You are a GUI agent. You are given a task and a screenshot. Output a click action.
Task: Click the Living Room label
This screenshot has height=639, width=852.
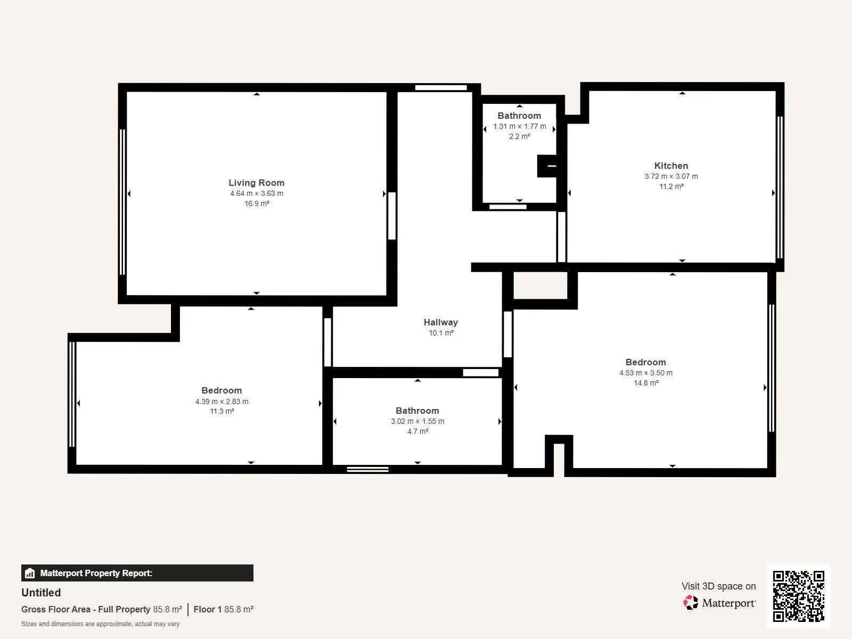coord(256,183)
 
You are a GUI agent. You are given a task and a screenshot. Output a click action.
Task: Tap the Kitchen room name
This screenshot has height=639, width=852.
coord(671,166)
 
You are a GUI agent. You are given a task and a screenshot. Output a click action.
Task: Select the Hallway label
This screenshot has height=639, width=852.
coord(440,322)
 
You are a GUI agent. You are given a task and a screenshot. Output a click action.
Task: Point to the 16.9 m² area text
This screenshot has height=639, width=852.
coord(257,203)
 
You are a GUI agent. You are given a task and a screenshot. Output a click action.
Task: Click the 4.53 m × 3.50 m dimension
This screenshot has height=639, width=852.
coord(646,373)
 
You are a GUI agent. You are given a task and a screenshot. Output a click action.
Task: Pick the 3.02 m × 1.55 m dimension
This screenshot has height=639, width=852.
coord(417,421)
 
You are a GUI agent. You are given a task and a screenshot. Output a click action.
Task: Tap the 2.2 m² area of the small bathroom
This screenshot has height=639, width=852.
coord(519,136)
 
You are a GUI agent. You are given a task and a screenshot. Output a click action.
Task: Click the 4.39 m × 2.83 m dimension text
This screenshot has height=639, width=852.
coord(222,402)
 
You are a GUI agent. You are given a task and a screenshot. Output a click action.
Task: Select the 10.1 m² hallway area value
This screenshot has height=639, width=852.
coord(441,333)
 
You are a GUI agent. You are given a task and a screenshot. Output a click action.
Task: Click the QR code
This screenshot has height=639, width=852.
coord(798,596)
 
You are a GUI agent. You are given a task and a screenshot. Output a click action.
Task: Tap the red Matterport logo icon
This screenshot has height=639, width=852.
coord(691,603)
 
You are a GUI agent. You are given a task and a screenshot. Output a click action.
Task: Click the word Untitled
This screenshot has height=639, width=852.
coord(41,593)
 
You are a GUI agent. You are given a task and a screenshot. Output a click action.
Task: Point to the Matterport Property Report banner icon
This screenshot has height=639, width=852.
coord(30,573)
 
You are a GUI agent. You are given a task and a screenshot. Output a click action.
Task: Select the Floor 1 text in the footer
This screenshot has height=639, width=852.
coord(208,609)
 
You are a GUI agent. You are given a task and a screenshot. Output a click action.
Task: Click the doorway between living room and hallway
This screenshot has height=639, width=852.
coord(392,216)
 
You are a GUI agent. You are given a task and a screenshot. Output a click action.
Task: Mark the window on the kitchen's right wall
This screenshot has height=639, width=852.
coord(780,187)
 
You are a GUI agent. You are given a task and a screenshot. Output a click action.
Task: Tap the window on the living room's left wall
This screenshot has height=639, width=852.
coord(122,202)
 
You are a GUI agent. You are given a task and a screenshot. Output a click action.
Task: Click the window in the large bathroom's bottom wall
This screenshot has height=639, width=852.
coord(367,470)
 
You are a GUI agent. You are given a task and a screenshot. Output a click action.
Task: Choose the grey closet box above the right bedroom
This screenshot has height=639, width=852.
coord(540,285)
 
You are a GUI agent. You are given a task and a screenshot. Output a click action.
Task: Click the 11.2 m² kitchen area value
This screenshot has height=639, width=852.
coord(671,186)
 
